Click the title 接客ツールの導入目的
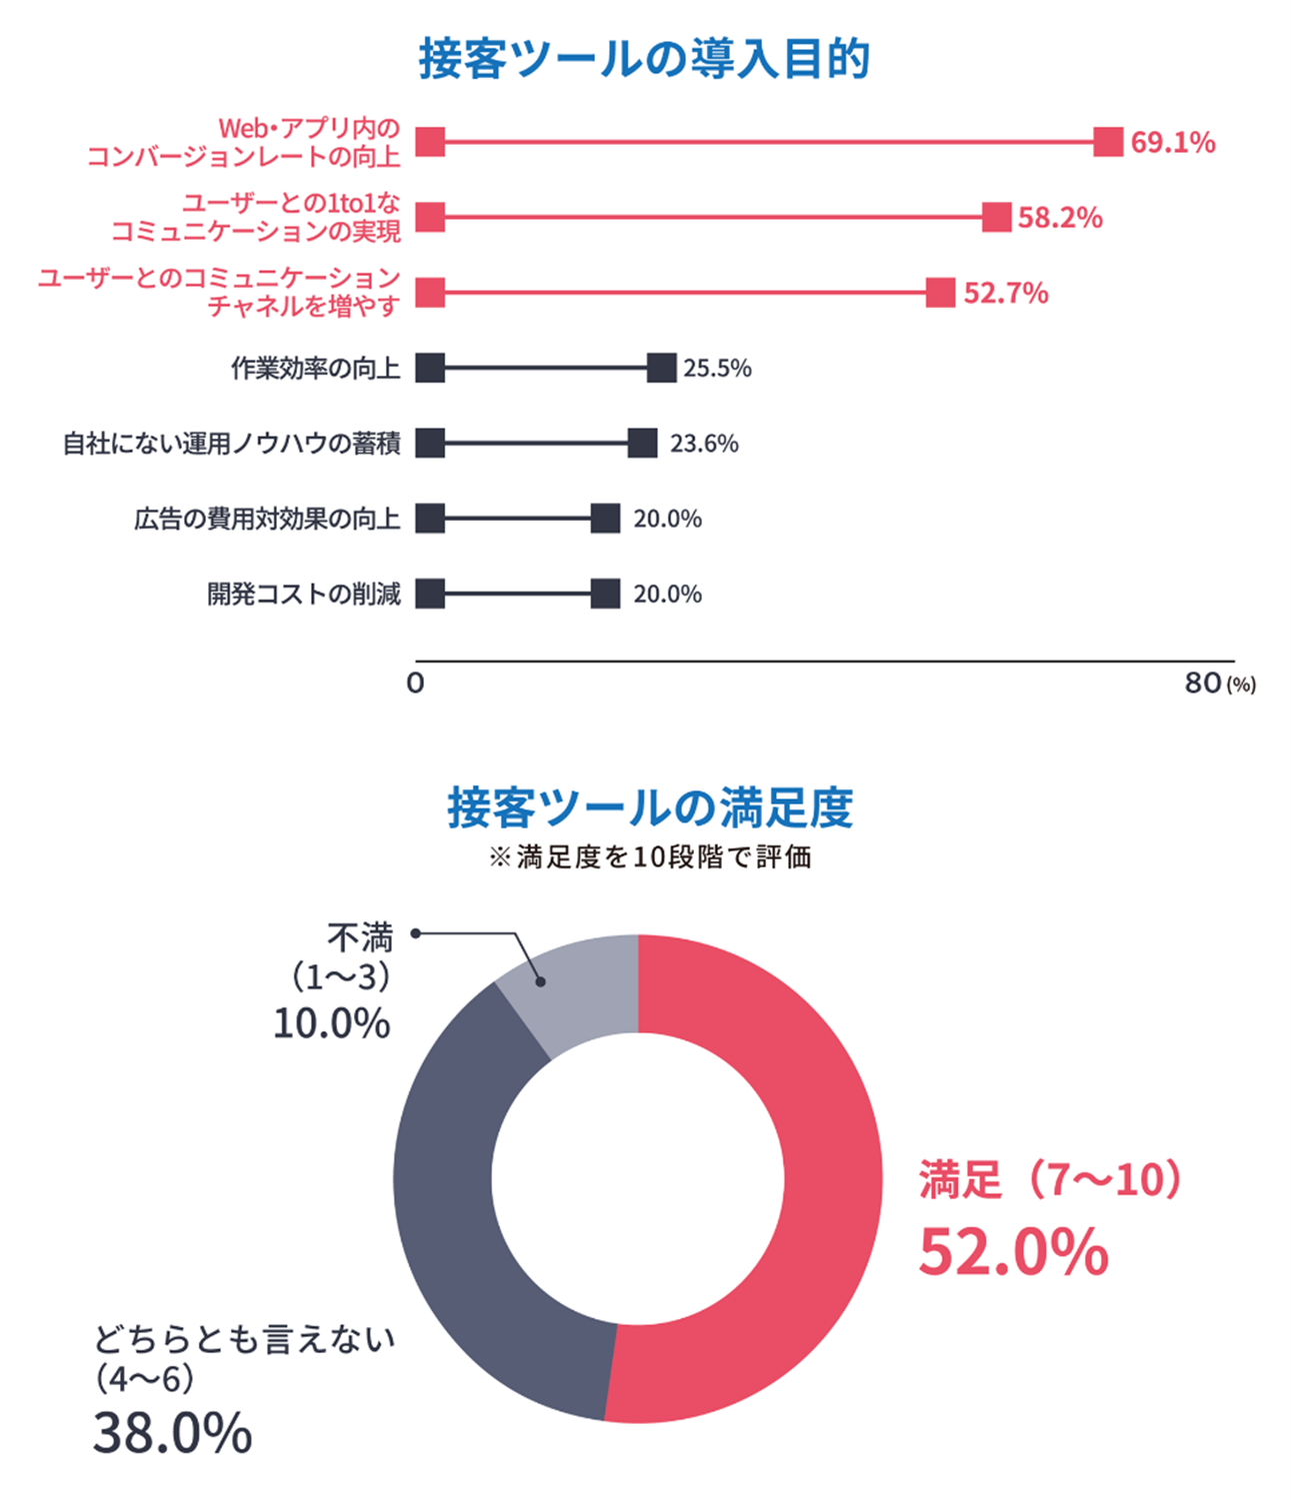pyautogui.click(x=644, y=59)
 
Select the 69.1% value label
pyautogui.click(x=1172, y=143)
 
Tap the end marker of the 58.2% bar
pyautogui.click(x=996, y=217)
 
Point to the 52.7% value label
pyautogui.click(x=1005, y=293)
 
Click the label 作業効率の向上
pyautogui.click(x=315, y=369)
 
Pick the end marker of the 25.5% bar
pyautogui.click(x=661, y=368)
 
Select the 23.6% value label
pyautogui.click(x=704, y=444)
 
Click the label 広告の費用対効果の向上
pyautogui.click(x=267, y=519)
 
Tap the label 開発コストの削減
pyautogui.click(x=304, y=594)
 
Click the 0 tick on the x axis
pyautogui.click(x=416, y=684)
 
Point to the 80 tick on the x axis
pyautogui.click(x=1203, y=684)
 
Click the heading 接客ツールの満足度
pyautogui.click(x=650, y=807)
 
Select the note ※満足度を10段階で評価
pyautogui.click(x=650, y=857)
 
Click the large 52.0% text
pyautogui.click(x=1013, y=1252)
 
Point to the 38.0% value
pyautogui.click(x=173, y=1433)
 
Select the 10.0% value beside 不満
pyautogui.click(x=331, y=1023)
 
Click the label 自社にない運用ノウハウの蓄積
pyautogui.click(x=231, y=444)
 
